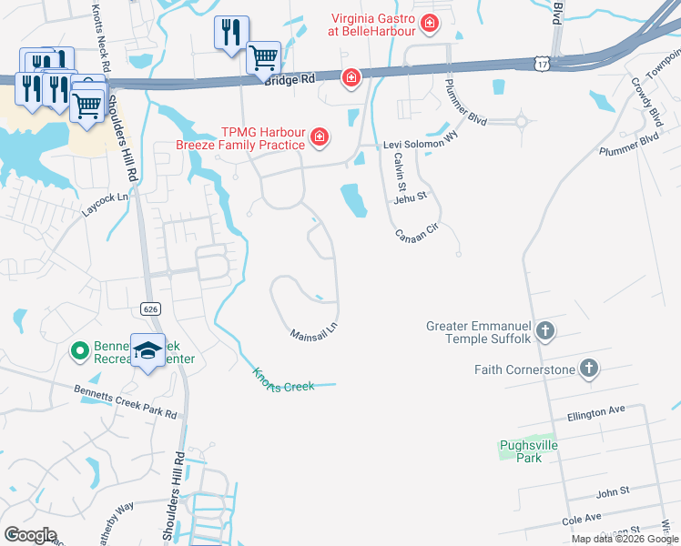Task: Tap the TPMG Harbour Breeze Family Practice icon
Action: (319, 138)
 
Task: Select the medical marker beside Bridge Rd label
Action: (351, 79)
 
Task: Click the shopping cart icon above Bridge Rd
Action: (263, 57)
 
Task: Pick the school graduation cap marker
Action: (147, 350)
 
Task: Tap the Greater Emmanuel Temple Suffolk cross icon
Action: (545, 329)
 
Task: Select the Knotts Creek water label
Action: (283, 379)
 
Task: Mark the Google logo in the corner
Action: (30, 535)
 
